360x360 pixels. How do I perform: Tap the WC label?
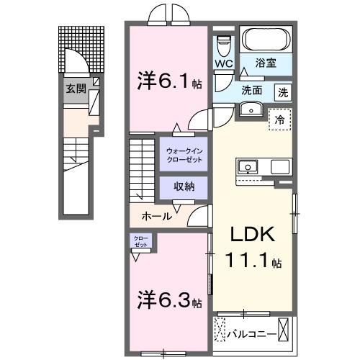[x=222, y=63]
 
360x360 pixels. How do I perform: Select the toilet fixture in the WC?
[x=223, y=42]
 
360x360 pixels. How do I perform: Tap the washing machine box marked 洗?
[x=284, y=91]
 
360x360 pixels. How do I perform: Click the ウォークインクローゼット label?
[x=184, y=154]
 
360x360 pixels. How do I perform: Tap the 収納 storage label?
[x=184, y=186]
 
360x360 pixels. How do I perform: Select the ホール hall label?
[x=157, y=216]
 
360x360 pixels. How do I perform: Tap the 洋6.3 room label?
[x=168, y=297]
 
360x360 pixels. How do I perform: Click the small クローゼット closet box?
[x=140, y=241]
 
